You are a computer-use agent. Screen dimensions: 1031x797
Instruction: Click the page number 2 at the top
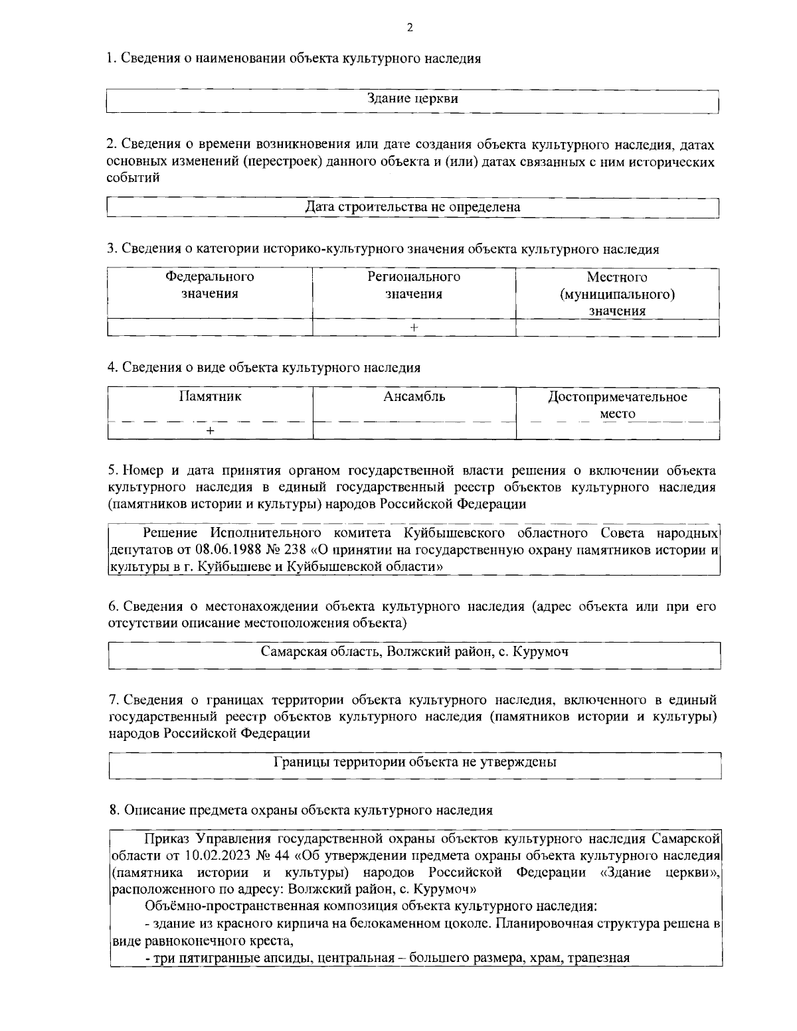409,28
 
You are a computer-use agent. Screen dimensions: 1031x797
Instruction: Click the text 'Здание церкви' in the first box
413,99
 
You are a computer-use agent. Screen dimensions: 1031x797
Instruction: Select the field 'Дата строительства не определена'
412,207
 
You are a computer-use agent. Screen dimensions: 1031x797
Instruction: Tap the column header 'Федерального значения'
210,285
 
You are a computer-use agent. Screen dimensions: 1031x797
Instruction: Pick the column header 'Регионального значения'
414,285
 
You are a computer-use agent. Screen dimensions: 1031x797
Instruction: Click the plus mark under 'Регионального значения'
414,328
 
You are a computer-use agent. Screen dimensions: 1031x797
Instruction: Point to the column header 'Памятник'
210,397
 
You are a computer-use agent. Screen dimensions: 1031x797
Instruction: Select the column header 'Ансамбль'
414,397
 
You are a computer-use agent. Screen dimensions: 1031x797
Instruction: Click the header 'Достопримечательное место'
617,405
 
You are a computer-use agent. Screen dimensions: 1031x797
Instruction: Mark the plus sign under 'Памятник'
210,432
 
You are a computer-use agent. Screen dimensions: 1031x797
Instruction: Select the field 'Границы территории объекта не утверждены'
414,762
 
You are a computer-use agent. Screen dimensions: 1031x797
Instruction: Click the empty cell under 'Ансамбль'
414,432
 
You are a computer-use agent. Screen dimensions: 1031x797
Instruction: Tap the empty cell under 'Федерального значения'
210,328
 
